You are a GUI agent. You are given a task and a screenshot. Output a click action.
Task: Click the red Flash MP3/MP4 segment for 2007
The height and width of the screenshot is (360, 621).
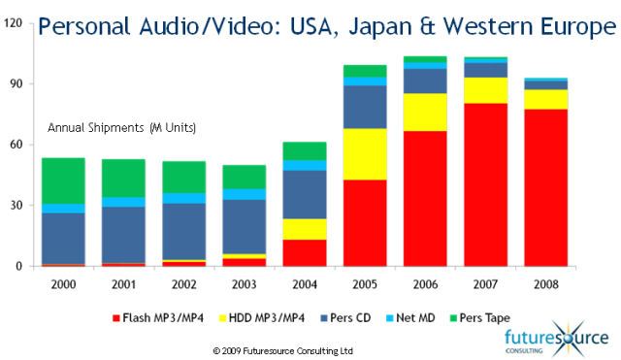coord(485,184)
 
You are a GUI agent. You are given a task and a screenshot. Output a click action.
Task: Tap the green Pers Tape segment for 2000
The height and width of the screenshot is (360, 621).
coord(63,180)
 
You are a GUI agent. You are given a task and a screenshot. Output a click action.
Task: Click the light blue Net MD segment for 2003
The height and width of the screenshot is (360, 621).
coord(244,194)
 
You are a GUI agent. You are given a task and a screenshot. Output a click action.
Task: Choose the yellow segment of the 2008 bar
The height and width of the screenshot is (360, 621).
coord(546,99)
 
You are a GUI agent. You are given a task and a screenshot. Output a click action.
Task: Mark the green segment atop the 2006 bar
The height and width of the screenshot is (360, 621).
coord(425,60)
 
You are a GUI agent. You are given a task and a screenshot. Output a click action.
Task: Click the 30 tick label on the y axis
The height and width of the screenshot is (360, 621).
coord(16,206)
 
